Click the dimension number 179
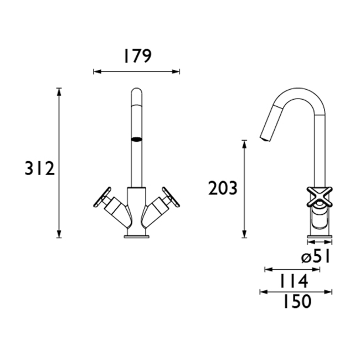136,56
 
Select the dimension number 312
39,168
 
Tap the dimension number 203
223,189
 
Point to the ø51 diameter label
316,256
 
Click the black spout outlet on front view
136,139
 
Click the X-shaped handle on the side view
320,197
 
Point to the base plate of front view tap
136,236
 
